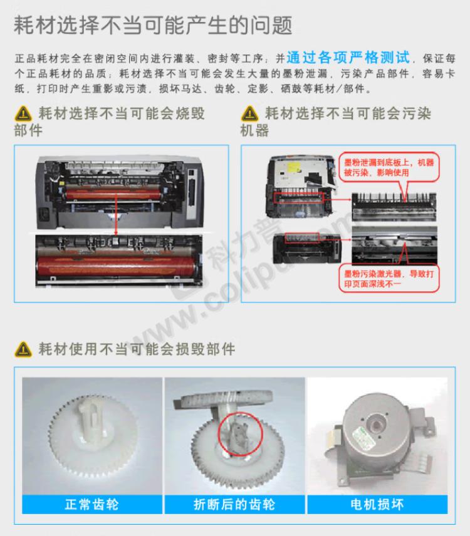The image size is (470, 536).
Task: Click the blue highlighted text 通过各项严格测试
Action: click(x=348, y=58)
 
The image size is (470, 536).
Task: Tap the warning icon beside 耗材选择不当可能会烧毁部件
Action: click(x=23, y=115)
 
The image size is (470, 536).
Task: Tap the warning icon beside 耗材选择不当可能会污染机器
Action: click(x=249, y=115)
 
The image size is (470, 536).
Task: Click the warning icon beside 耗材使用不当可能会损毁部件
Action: click(x=23, y=349)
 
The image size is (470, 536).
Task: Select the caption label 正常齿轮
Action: click(x=91, y=504)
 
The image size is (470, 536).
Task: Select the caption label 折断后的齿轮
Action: click(x=234, y=504)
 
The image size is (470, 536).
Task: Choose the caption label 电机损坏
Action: click(x=376, y=504)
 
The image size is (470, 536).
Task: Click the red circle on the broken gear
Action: click(x=237, y=431)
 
